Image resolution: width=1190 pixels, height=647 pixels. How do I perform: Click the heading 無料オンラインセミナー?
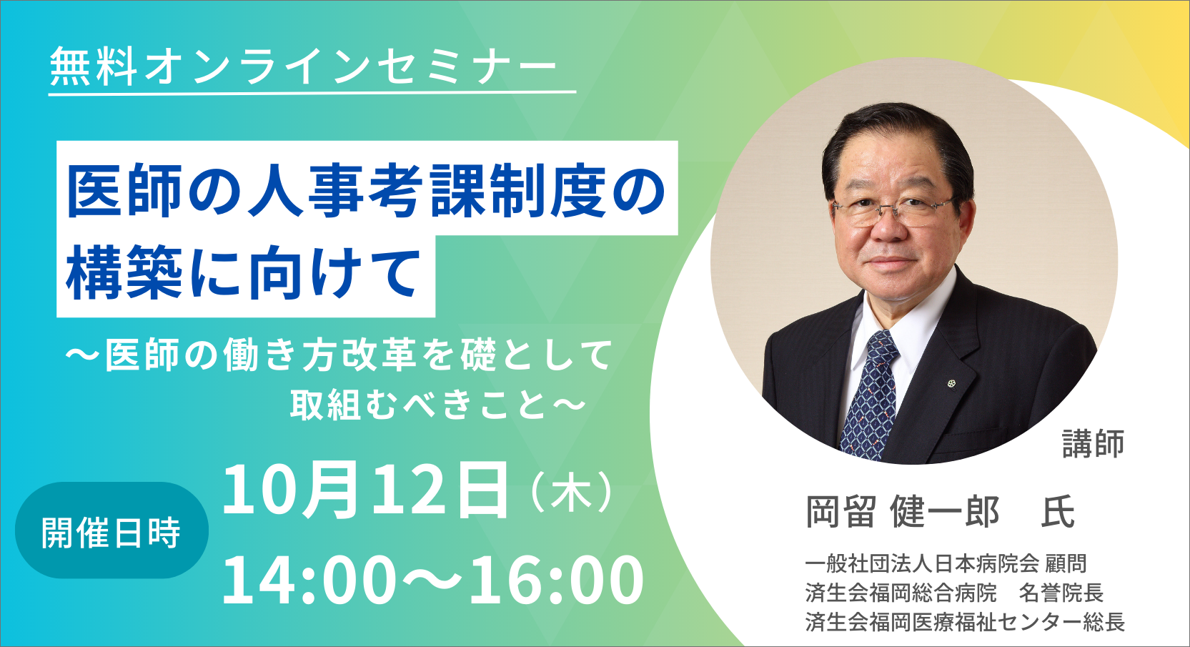303,67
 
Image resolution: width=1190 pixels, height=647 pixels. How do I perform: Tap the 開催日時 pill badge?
111,530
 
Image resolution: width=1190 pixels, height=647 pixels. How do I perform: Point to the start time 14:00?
309,580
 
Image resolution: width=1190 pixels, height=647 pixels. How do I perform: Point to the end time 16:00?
556,580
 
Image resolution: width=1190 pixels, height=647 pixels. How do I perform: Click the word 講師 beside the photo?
1094,443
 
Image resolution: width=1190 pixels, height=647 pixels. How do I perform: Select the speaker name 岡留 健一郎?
902,512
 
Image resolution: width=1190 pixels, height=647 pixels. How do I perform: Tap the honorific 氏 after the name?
1058,512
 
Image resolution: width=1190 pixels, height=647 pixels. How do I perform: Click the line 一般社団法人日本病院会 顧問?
946,563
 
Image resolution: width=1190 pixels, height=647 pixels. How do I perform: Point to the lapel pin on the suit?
951,382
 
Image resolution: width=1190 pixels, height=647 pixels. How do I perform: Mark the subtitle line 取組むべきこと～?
437,405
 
